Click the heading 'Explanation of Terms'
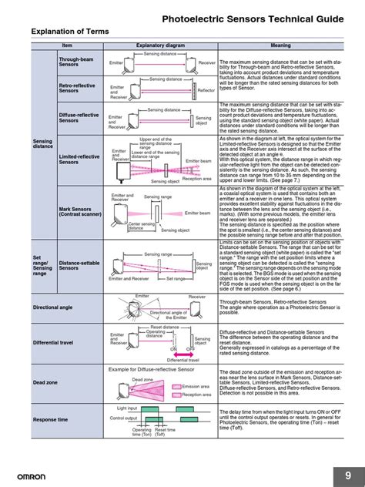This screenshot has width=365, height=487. [69, 31]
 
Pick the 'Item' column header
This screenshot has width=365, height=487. [66, 45]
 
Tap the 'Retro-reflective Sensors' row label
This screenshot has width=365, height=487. [75, 88]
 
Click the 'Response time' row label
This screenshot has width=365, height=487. [50, 419]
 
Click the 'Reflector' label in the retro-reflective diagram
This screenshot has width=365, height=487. [206, 90]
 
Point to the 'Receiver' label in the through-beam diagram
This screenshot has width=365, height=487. [207, 62]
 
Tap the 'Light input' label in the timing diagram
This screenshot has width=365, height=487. [128, 408]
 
